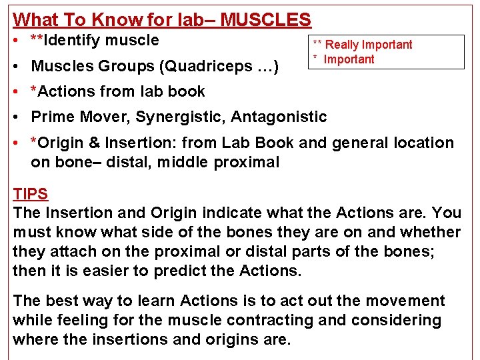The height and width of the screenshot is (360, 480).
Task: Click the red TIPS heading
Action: tap(30, 195)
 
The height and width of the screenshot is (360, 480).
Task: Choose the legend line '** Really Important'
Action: tap(363, 45)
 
